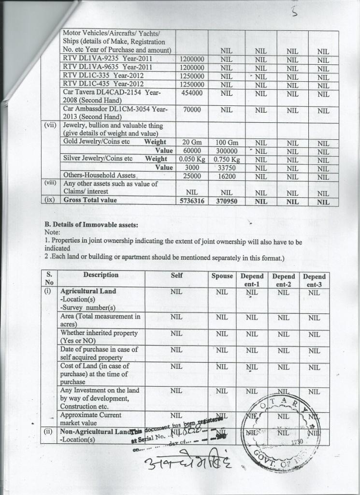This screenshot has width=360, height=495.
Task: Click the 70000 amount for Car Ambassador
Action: pos(192,110)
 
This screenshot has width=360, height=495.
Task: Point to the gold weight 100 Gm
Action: pos(227,143)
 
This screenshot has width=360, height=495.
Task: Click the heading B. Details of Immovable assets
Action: pos(91,225)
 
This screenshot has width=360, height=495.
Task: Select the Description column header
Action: pos(101,275)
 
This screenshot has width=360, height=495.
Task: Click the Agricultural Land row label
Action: pos(88,292)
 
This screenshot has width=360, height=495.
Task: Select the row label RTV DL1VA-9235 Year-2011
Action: pos(107,59)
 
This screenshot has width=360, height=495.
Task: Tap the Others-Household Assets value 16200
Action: pos(227,176)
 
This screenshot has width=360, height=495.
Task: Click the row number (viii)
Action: pos(50,184)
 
